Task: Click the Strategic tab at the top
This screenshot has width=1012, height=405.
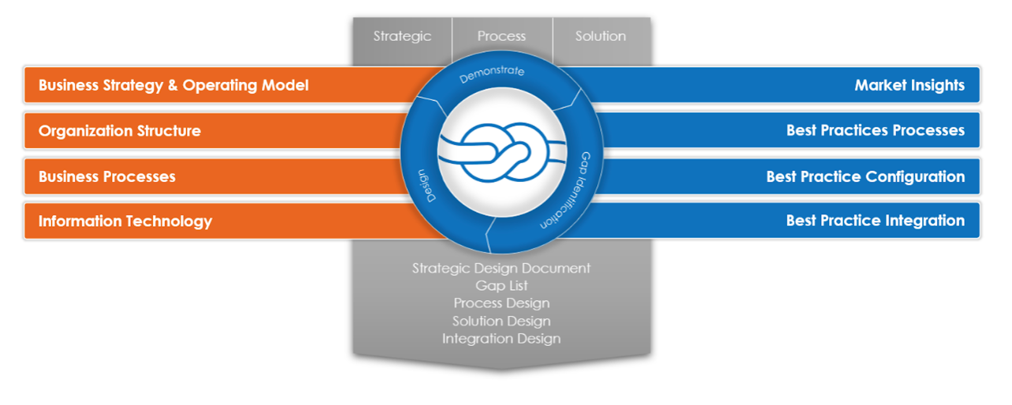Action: coord(402,36)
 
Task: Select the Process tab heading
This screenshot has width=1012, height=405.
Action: coord(501,36)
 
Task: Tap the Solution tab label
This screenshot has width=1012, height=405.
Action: coord(600,36)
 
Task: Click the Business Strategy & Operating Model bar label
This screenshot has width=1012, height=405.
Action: coord(173,85)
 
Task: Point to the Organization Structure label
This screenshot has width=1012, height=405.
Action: coord(120,131)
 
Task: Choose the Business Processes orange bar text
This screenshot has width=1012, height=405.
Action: coord(107,176)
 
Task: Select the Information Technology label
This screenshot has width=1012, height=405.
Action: coord(125,221)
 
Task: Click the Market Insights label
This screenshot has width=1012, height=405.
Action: coord(909,85)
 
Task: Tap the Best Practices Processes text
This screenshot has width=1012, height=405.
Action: coord(875,130)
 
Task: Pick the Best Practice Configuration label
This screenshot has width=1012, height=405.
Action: coord(865,176)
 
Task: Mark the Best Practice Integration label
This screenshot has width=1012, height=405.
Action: coord(875,220)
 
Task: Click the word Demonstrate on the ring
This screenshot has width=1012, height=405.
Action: coord(492,74)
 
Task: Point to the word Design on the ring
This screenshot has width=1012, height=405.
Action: coord(427,185)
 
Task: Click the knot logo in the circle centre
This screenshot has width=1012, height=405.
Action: coord(502,153)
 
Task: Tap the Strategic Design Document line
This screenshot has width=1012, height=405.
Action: coord(501,269)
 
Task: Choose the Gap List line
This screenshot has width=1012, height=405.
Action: coord(501,285)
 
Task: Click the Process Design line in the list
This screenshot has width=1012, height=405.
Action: coord(501,303)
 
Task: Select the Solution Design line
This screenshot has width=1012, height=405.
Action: coord(501,321)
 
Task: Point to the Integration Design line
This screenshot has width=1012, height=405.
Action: coord(501,339)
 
